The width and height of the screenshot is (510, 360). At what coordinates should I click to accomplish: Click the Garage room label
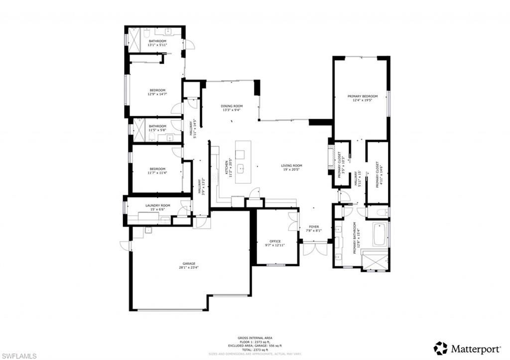coord(189,263)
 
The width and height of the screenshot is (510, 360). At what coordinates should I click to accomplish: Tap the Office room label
coord(275,241)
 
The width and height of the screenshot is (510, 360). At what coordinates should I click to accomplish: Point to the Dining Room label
coord(232,106)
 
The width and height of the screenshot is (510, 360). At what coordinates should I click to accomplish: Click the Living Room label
coord(291,166)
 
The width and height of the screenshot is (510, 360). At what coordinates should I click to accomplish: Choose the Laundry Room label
coord(157,205)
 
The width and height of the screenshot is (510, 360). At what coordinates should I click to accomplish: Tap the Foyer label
coord(314,227)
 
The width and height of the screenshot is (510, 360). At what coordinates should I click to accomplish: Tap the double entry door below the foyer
coord(315,248)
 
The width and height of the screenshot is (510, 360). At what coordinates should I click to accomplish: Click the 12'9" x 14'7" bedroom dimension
coord(157,94)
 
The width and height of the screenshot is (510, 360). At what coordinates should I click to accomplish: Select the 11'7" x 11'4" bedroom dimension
coord(157,174)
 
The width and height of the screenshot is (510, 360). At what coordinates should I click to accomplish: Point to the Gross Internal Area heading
coord(255,338)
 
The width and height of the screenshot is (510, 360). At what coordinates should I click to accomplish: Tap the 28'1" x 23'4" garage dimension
coord(189,267)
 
